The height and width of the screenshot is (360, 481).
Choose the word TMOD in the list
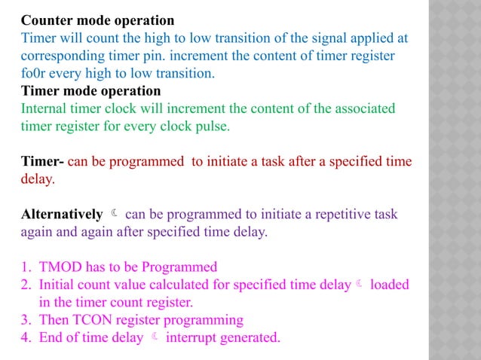coord(60,267)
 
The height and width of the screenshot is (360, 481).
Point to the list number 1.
coord(25,267)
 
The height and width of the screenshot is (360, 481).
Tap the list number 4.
coord(25,337)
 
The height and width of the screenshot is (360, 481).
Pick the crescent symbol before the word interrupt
coord(155,337)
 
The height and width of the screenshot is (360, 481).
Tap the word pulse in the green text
coord(213,127)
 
